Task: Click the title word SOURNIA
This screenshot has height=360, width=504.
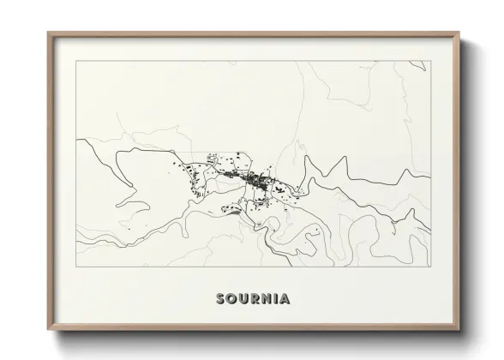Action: (253, 299)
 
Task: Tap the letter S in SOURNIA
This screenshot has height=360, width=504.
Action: (221, 299)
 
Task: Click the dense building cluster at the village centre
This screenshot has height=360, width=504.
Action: (255, 180)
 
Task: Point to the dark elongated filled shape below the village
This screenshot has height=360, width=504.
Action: (230, 207)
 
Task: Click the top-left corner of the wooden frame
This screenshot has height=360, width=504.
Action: (48, 33)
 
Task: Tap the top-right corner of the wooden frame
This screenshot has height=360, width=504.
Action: (459, 33)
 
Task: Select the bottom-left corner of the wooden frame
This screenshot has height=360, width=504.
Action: (48, 331)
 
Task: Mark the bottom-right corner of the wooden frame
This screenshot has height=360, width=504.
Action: (459, 331)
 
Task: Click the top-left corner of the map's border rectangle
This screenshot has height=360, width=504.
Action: (76, 61)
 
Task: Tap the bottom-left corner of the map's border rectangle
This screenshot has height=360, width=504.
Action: (76, 267)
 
